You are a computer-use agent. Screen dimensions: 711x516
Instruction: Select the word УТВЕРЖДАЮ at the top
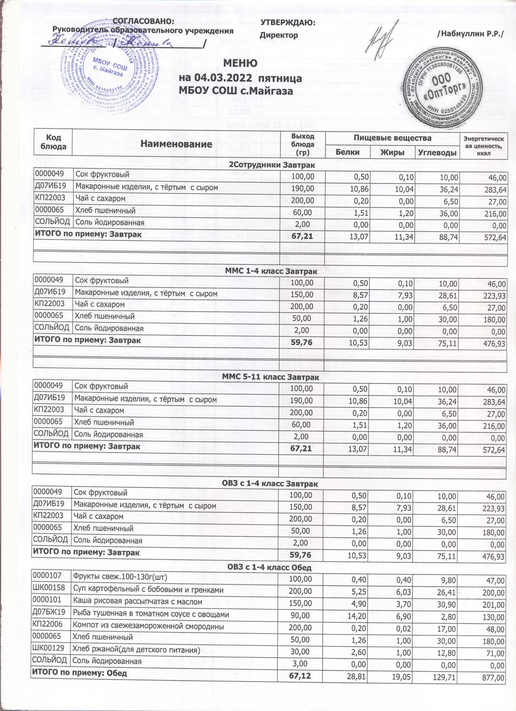[x=288, y=23]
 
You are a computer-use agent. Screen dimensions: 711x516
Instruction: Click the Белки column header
[x=348, y=152]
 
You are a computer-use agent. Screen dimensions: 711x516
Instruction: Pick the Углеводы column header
[x=437, y=153]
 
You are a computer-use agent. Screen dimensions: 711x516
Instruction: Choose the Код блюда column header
[x=53, y=141]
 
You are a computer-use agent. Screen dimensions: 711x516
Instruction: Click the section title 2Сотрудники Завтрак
[x=271, y=165]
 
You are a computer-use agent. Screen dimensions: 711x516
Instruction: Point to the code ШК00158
[x=48, y=590]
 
